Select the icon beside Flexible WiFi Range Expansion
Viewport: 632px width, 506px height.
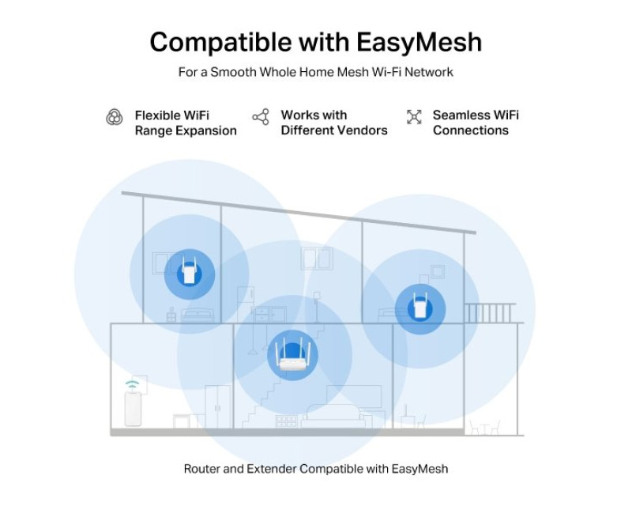(x=115, y=118)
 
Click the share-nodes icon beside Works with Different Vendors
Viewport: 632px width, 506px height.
(x=261, y=118)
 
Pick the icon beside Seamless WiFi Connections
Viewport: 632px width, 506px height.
(x=414, y=118)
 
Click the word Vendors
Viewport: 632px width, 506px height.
(x=361, y=130)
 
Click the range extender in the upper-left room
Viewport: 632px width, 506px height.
(x=189, y=273)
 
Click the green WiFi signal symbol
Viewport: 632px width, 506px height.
(x=133, y=385)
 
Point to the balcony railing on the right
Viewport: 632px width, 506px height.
(x=490, y=313)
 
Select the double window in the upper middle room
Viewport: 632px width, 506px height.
(x=316, y=259)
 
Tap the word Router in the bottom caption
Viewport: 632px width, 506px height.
(x=202, y=469)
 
